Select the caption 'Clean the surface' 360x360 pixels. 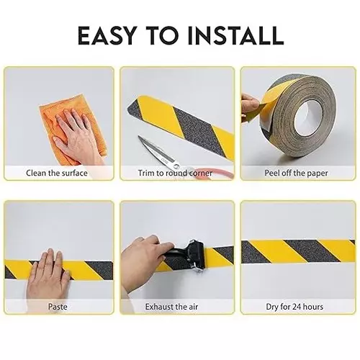(57, 174)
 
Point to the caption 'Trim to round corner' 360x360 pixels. (177, 174)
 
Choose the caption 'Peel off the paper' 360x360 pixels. (297, 174)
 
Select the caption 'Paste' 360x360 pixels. (58, 307)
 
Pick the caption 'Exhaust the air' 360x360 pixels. (177, 307)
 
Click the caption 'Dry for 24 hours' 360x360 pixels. (297, 307)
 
